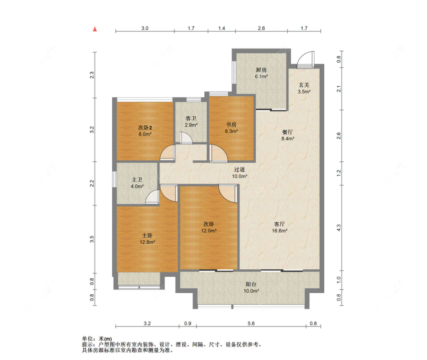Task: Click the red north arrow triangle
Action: point(95,29)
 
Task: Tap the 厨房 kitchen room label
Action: point(261,70)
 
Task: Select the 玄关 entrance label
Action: point(304,85)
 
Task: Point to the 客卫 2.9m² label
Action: point(191,122)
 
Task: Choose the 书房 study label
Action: point(231,124)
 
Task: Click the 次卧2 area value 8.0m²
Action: point(145,134)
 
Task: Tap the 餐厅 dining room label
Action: point(287,132)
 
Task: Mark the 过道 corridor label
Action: point(239,169)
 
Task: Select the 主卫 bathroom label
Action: point(137,180)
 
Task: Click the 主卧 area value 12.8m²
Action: point(147,242)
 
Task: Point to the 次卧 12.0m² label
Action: point(209,227)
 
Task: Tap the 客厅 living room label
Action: point(279,224)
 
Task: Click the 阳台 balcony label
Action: point(251,284)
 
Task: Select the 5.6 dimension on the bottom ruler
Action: point(251,324)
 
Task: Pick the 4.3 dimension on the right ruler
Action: point(339,228)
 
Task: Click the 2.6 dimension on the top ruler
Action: point(261,28)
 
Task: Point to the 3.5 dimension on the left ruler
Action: point(92,239)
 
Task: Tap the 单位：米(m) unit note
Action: point(97,339)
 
